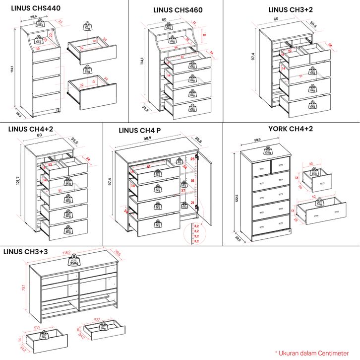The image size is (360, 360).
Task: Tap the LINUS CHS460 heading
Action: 178,10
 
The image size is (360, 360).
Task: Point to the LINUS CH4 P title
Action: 140,131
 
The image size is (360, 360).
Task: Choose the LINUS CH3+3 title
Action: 25,252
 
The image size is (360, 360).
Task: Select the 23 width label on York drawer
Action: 318,163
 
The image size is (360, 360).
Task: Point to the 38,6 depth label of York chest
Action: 238,239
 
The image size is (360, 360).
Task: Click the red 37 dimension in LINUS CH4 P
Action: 183,190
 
